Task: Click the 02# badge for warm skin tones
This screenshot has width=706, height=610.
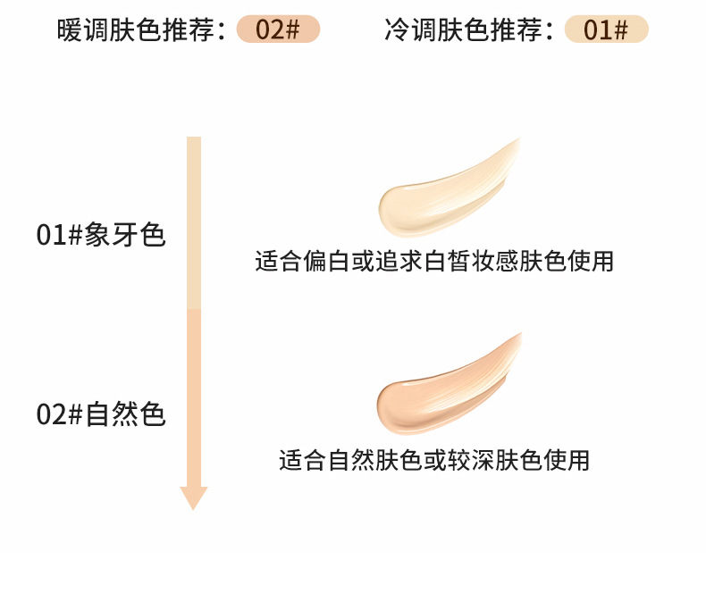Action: click(278, 29)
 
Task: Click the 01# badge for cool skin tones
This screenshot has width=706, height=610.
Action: click(607, 29)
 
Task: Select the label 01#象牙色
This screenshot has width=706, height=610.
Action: click(101, 235)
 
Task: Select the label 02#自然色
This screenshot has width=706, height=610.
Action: click(101, 415)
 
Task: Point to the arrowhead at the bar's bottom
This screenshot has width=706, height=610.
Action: click(194, 498)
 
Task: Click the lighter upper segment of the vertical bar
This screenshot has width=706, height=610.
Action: click(194, 223)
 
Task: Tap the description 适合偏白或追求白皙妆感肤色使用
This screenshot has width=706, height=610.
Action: click(434, 262)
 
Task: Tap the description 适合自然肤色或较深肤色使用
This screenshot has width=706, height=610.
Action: click(434, 460)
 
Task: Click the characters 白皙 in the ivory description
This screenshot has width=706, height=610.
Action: click(454, 262)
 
